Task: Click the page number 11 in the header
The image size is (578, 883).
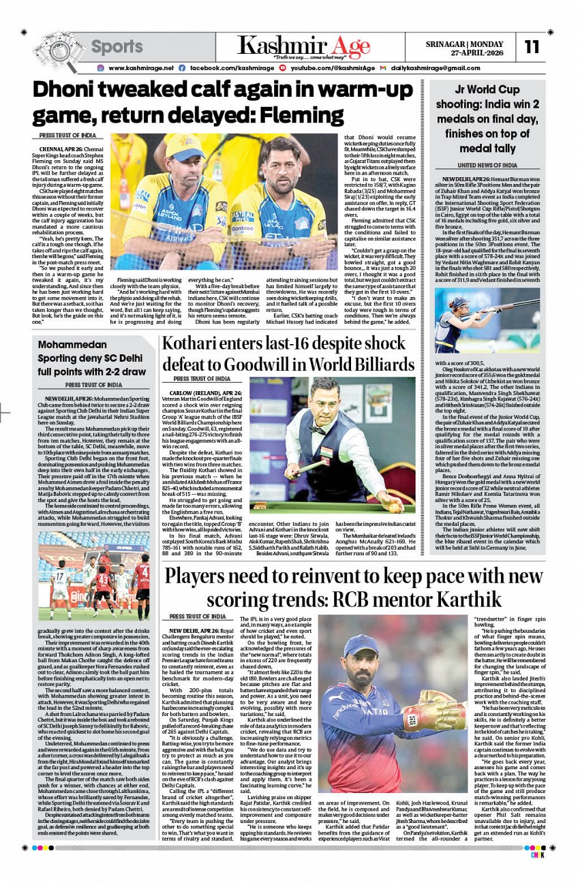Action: click(532, 47)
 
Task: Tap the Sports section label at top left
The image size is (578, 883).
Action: click(117, 47)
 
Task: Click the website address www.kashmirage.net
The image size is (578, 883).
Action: click(140, 68)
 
